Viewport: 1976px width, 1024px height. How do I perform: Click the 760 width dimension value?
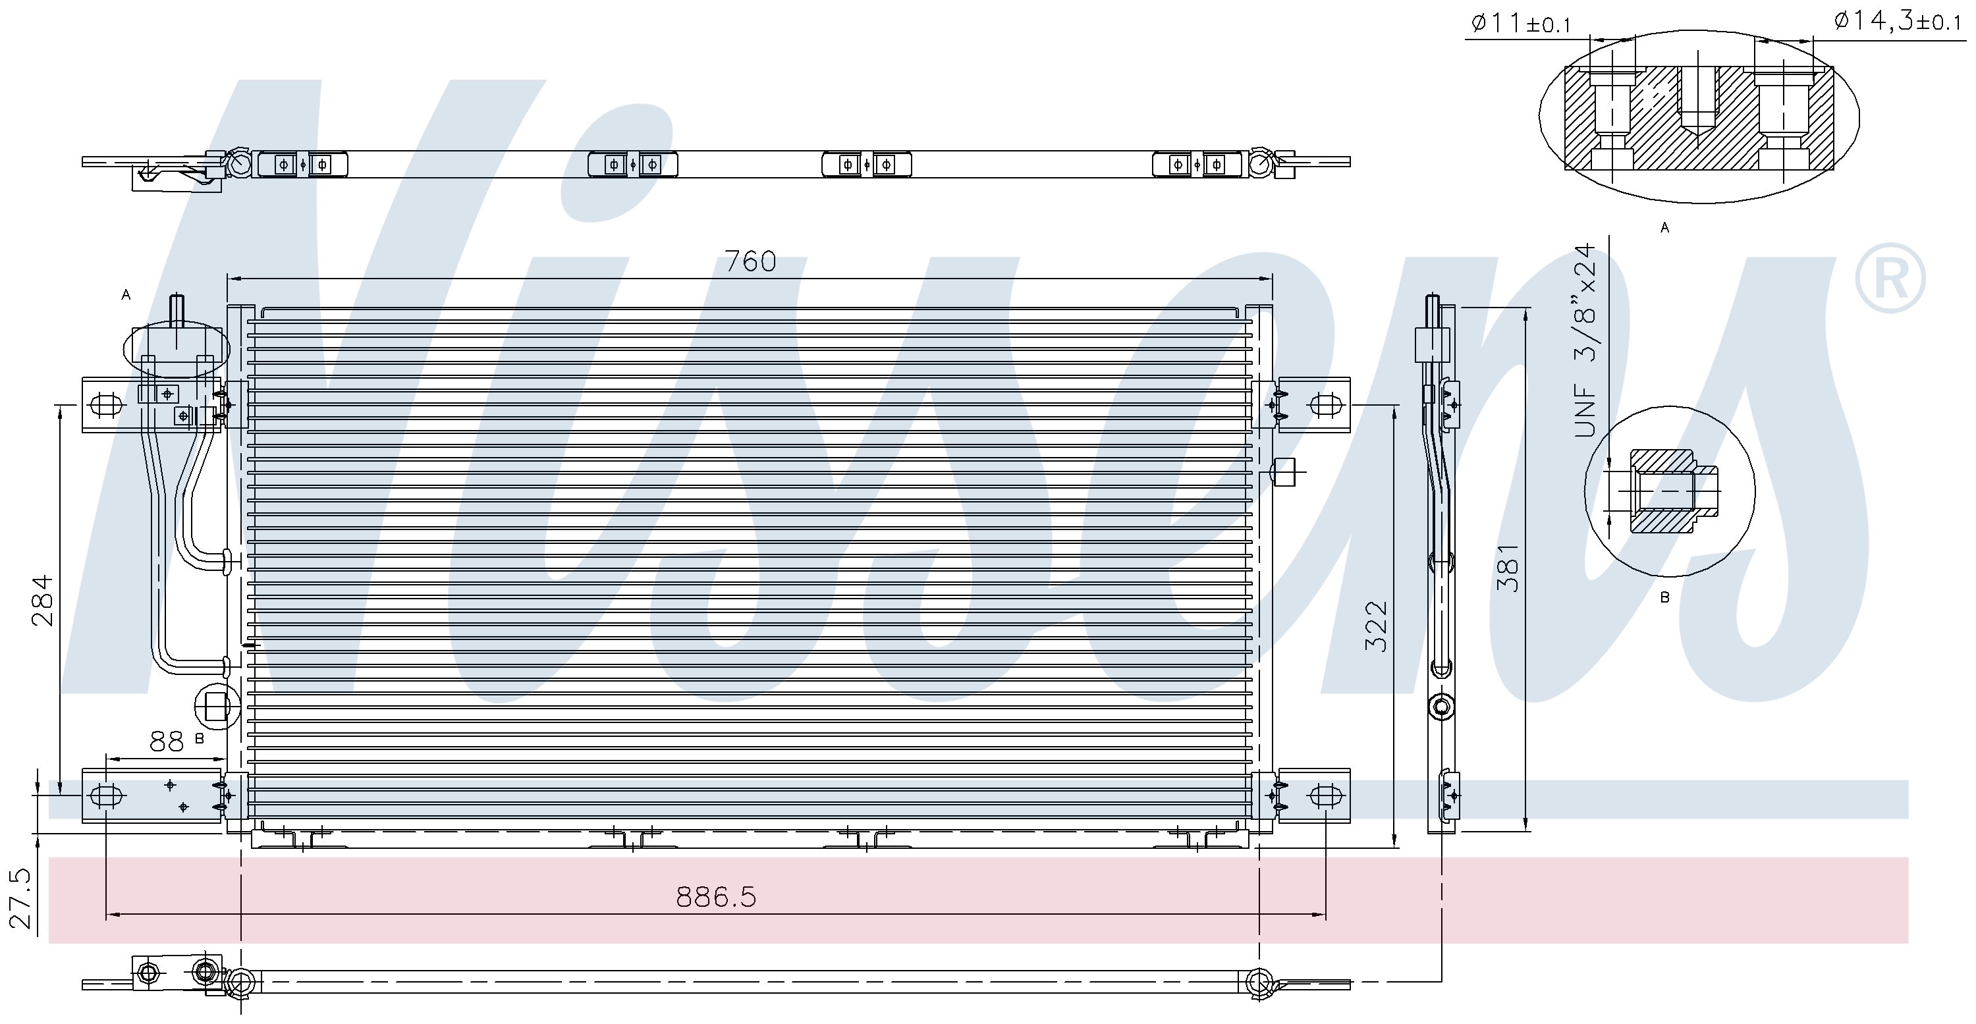tap(750, 261)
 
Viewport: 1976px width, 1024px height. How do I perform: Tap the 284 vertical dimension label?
tap(43, 601)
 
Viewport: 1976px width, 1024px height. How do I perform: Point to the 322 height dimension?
tap(1376, 626)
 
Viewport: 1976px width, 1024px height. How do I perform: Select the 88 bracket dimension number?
tap(167, 741)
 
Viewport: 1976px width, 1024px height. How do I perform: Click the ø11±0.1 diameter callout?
tap(1521, 24)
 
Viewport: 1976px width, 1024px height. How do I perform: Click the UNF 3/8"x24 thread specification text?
tap(1585, 340)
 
